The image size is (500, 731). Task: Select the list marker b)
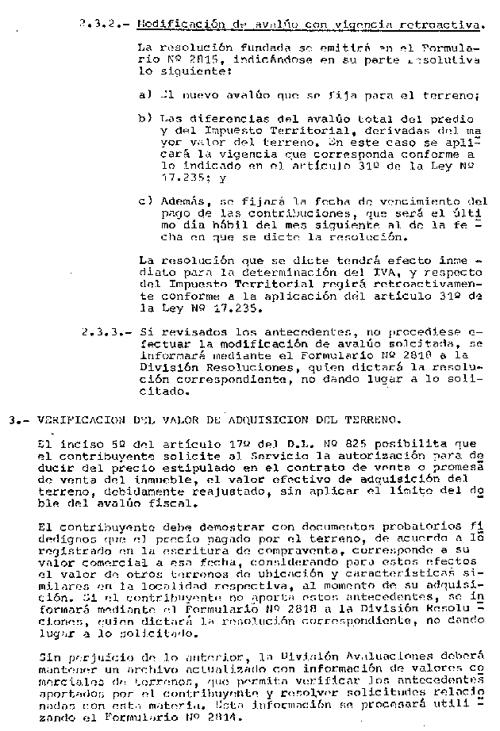click(144, 119)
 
